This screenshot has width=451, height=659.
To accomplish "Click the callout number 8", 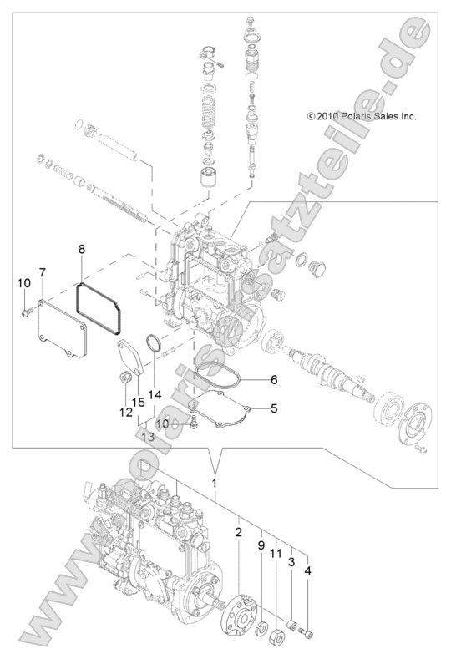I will pos(82,249).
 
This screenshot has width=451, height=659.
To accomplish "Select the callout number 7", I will pos(42,273).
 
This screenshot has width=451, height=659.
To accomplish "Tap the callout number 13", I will pos(148,436).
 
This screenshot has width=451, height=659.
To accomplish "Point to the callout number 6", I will pos(272,379).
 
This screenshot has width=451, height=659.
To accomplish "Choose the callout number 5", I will pos(272,408).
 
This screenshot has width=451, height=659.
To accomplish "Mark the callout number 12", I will pos(125,413).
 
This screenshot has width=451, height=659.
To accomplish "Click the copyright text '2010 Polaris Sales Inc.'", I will pos(361,117).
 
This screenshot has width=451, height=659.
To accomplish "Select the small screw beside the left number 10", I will pos(25,312).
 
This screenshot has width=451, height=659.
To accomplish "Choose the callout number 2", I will pos(238,531).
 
